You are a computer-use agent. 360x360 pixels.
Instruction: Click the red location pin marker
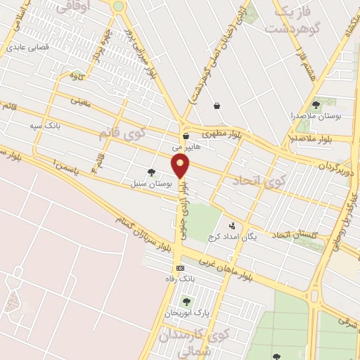(181, 166)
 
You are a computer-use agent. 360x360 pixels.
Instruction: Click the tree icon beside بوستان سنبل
(151, 172)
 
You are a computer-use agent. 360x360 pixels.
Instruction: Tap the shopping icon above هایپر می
(186, 136)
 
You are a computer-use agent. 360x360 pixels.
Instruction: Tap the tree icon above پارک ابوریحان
(186, 301)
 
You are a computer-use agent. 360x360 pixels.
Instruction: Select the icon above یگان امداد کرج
(231, 226)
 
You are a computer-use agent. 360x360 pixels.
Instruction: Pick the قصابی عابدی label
(25, 49)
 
